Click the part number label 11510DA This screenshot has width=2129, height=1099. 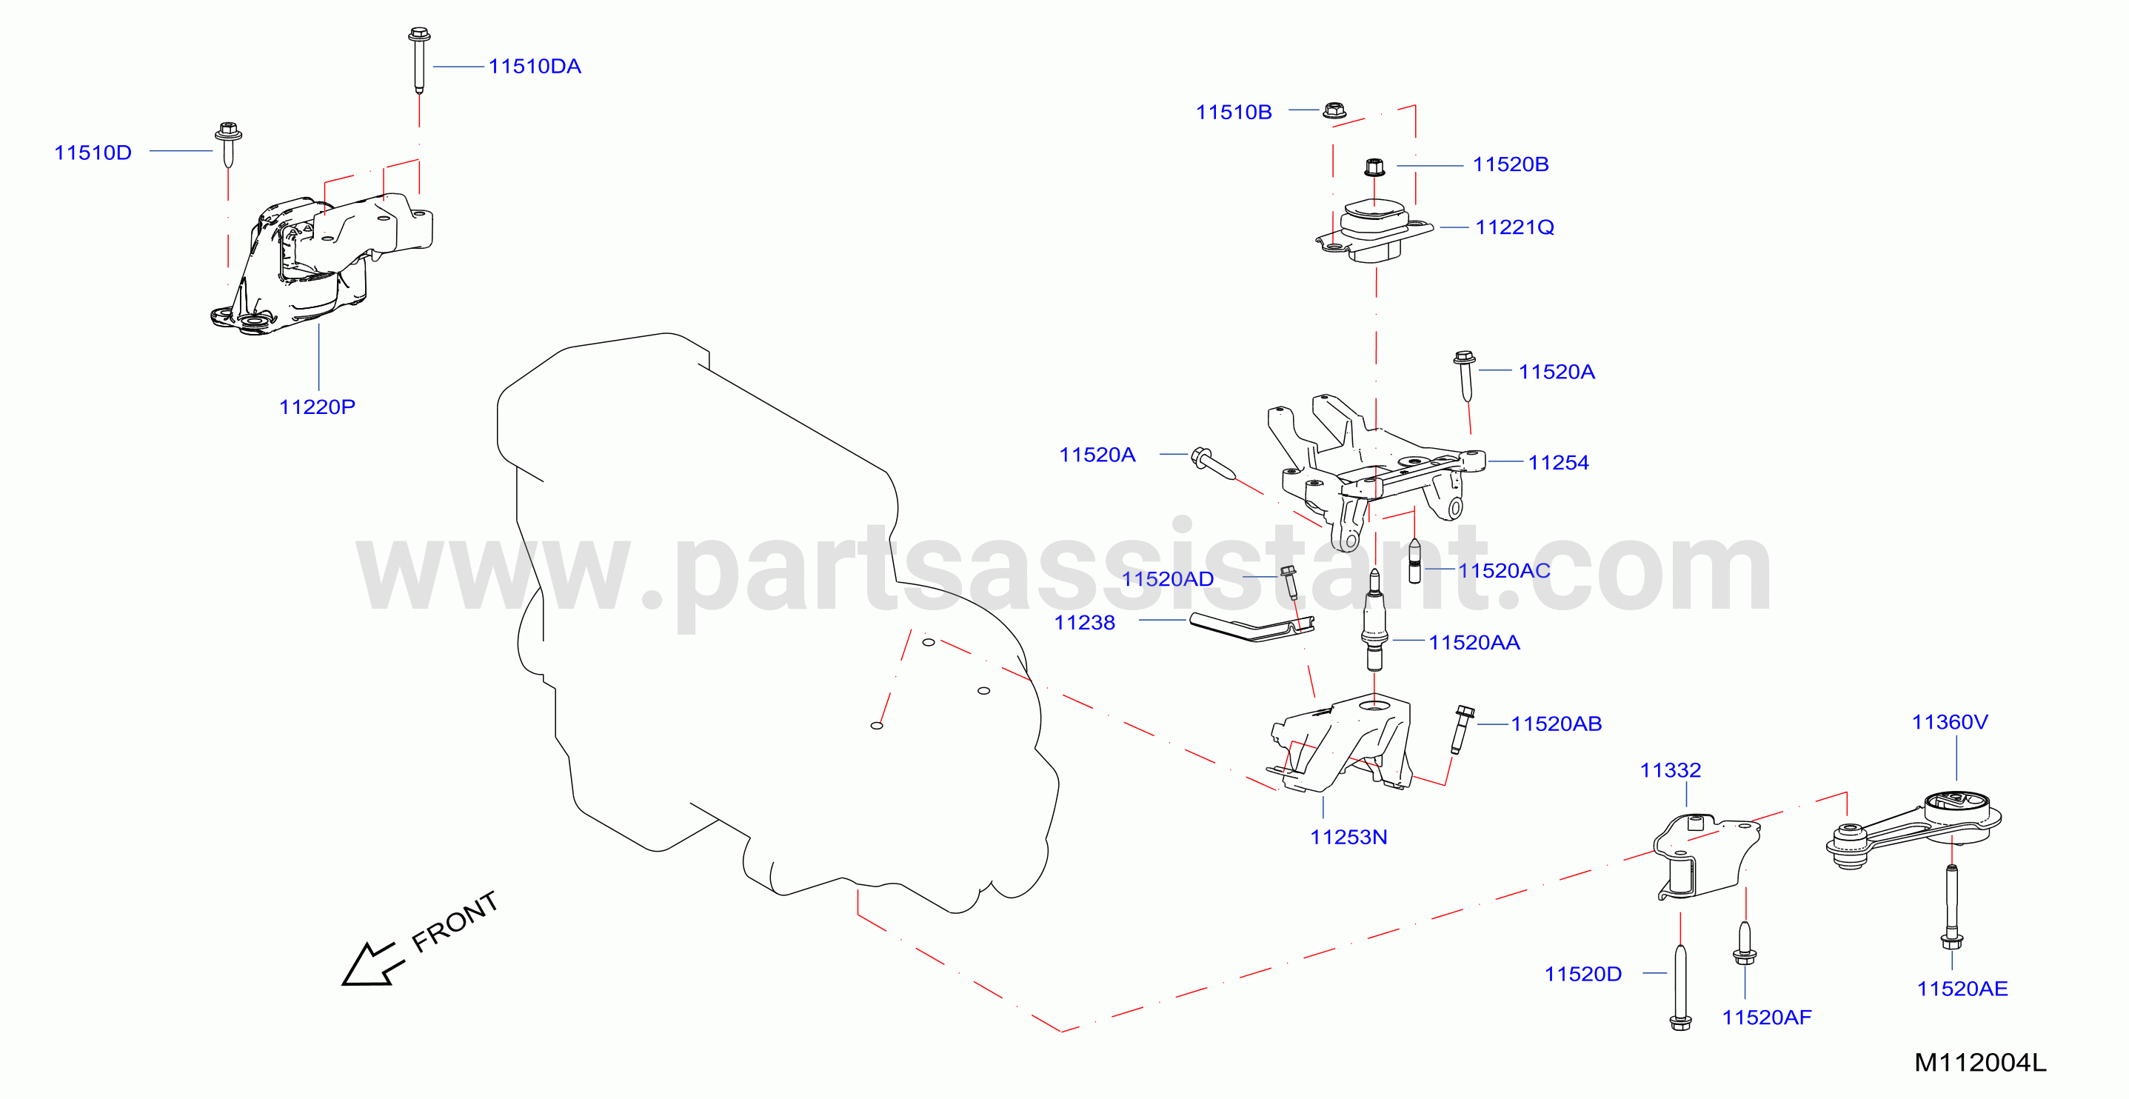point(535,66)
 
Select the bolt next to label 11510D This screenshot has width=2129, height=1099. point(228,144)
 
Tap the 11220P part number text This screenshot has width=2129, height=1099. point(318,407)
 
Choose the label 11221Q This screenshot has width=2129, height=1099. point(1515,227)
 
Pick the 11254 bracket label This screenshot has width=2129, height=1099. point(1559,463)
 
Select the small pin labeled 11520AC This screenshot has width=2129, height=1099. point(1414,561)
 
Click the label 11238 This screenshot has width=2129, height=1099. point(1084,622)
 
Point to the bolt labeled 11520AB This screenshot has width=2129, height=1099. point(1461,729)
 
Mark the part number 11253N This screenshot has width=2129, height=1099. point(1348,837)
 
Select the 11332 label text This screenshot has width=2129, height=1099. point(1671,770)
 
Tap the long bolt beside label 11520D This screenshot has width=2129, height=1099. point(1680,987)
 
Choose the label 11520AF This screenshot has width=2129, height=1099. point(1767,1018)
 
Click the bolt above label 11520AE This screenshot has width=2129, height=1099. point(1951,906)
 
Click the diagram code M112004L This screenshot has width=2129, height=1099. point(1980,1063)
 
